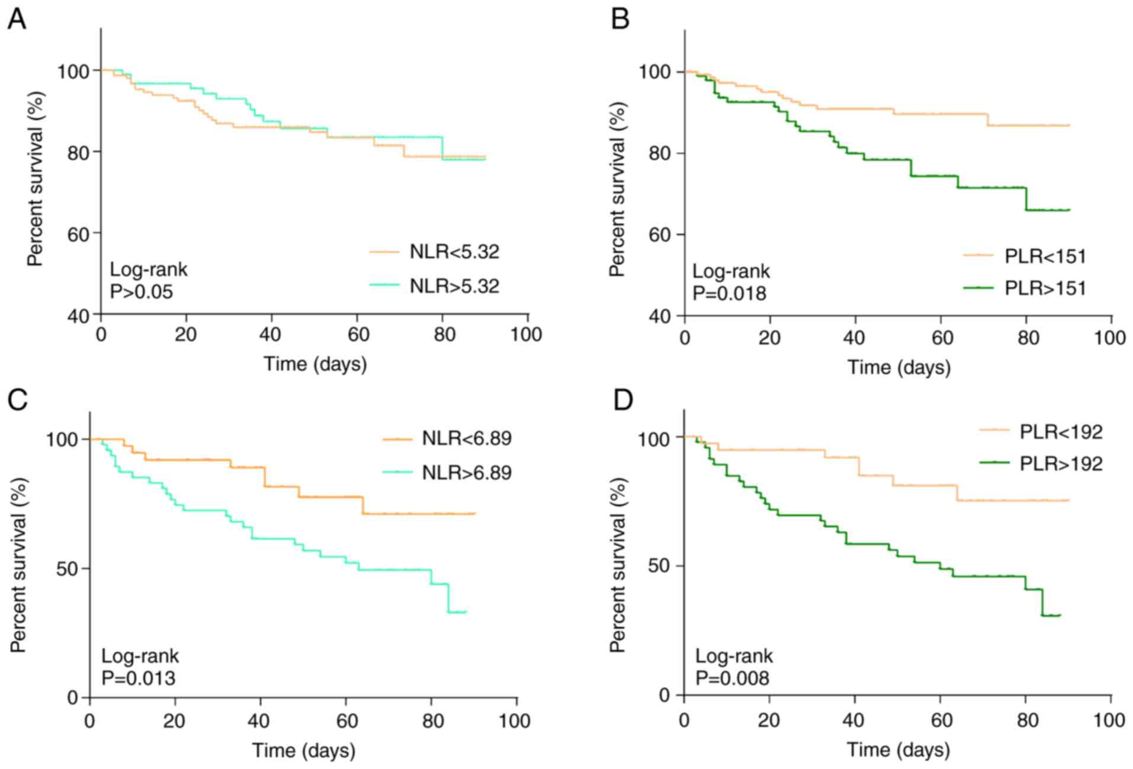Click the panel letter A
(17, 19)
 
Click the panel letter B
(620, 19)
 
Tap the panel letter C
(18, 400)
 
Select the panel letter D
(622, 400)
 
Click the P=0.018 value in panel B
(729, 293)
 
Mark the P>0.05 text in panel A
(141, 291)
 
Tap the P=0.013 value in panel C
(138, 677)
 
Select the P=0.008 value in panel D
(732, 677)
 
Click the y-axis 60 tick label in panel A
(70, 234)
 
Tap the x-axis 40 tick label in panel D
(853, 720)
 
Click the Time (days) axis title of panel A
(314, 363)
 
